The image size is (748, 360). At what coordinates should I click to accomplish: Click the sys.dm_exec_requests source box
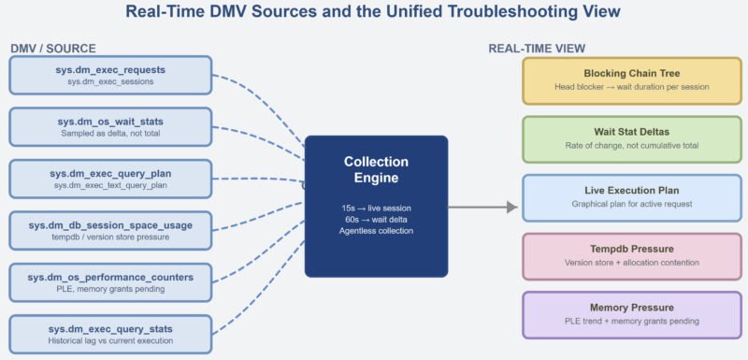(x=110, y=76)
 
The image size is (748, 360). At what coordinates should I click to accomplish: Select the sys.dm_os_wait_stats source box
(x=110, y=127)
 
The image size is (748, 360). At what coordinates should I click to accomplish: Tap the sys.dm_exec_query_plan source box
(x=110, y=179)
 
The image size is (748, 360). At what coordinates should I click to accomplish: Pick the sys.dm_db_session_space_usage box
(x=110, y=230)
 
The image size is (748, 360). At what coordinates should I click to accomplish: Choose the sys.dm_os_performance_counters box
(x=110, y=282)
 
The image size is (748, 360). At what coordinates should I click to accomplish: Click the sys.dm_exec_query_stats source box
(x=110, y=334)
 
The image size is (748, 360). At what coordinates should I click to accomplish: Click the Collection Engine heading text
(x=376, y=170)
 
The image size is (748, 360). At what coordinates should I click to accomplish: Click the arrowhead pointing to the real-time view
(x=511, y=207)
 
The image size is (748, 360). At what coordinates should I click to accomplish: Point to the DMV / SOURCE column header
(x=53, y=48)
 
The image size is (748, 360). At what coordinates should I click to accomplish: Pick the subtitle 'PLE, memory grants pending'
(x=110, y=290)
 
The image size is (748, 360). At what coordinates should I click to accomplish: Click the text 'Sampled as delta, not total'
(x=110, y=135)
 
